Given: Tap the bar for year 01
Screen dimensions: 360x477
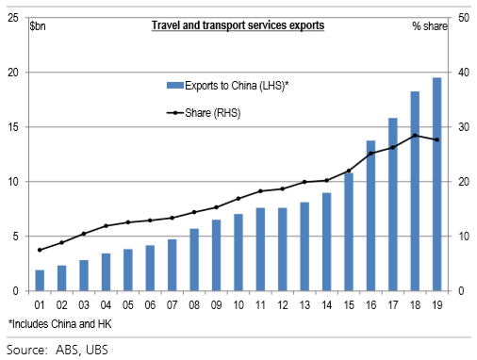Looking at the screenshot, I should pos(40,280).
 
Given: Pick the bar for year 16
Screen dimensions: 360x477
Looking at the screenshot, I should pos(371,216).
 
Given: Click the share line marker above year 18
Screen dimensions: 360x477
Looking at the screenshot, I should pos(416,136).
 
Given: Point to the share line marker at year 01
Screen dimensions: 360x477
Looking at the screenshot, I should pos(40,250).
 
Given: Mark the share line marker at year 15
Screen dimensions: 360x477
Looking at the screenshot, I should pos(349,171).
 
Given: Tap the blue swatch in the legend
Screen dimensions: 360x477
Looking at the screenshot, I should pos(174,86).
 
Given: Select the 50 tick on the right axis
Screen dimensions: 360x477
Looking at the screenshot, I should pos(465,18).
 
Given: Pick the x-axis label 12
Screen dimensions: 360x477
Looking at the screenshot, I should pos(283,306).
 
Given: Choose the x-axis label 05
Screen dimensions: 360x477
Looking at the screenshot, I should pos(128,306).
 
